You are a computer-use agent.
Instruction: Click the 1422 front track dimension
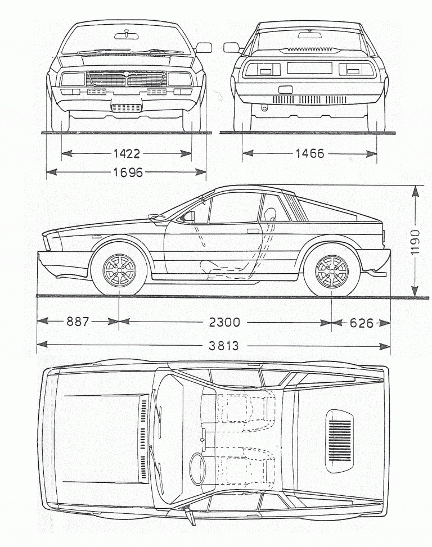point(127,153)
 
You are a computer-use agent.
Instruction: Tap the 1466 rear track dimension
point(309,153)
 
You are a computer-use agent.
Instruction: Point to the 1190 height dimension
point(415,242)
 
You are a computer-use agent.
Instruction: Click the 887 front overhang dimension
point(78,322)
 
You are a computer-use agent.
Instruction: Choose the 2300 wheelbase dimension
point(224,322)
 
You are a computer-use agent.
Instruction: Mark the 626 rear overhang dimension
point(362,323)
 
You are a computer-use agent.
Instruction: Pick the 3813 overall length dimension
point(223,346)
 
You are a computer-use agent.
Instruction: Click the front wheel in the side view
point(119,270)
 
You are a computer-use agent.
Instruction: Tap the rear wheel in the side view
point(332,270)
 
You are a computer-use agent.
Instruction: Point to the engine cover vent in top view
point(339,438)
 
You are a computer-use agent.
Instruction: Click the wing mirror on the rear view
point(231,48)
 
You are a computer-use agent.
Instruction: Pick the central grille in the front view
point(127,79)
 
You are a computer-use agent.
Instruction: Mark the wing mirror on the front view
point(203,48)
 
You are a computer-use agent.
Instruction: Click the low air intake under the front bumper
point(127,108)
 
